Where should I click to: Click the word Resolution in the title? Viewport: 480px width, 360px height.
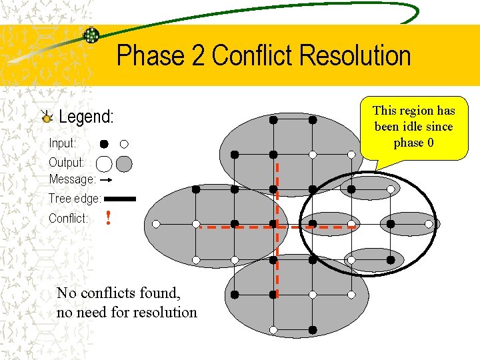pos(355,56)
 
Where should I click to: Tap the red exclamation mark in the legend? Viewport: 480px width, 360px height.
pos(108,218)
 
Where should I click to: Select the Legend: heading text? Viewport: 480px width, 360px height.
pos(87,117)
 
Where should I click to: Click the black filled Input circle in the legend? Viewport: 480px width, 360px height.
pos(104,143)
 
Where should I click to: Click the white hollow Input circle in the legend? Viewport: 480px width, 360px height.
pos(124,143)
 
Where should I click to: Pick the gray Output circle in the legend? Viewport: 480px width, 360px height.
pos(124,163)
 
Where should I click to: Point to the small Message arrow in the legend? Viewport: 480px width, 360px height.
pos(105,179)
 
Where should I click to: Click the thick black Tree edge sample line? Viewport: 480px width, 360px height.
pos(120,199)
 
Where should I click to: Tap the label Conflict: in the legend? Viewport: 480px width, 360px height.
pos(69,219)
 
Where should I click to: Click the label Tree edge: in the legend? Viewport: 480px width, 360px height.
pos(75,199)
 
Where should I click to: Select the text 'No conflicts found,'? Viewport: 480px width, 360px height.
pos(119,293)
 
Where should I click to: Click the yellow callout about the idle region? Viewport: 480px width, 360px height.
pos(413,130)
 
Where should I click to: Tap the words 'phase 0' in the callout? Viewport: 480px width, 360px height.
pos(413,143)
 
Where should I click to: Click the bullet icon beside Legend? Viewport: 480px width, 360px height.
pos(47,117)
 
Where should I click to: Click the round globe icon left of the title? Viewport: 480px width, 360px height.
pos(91,35)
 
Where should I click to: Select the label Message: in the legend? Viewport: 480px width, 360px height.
pos(73,179)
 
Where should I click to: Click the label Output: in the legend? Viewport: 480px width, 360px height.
pos(67,163)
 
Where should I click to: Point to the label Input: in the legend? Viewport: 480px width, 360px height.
pos(63,143)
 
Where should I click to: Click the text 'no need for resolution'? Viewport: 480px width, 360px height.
pos(127,312)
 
